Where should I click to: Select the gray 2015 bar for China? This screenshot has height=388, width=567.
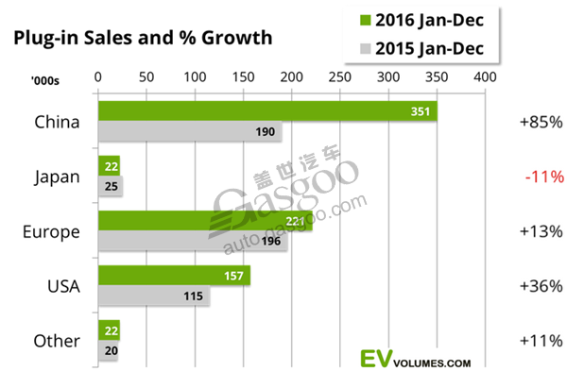189,132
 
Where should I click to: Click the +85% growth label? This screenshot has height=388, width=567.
541,122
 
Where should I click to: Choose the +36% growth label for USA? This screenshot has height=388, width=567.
541,286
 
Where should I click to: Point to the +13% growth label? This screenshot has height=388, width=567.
541,231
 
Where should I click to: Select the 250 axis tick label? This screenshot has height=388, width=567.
339,75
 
